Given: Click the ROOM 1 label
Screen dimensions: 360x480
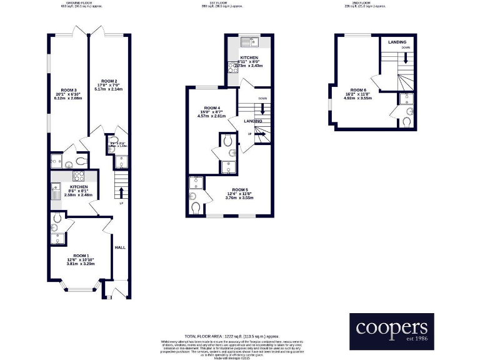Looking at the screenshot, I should [81, 256].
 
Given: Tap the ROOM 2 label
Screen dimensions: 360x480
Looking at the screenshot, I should [109, 81].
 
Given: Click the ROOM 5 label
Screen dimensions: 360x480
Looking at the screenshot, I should [240, 189].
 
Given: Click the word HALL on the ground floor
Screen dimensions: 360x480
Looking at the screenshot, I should [119, 247].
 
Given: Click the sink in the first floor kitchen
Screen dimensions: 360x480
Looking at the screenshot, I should [253, 43].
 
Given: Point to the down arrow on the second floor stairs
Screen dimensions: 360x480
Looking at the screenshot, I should [406, 58].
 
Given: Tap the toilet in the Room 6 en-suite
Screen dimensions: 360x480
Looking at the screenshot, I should [407, 121].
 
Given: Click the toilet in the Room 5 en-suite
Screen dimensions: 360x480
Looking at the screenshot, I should [196, 207].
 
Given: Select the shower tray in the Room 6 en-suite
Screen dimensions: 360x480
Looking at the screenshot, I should [406, 98].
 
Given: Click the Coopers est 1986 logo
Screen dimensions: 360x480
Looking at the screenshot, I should [391, 331].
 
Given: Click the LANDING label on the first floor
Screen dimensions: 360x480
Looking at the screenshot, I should [253, 121].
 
